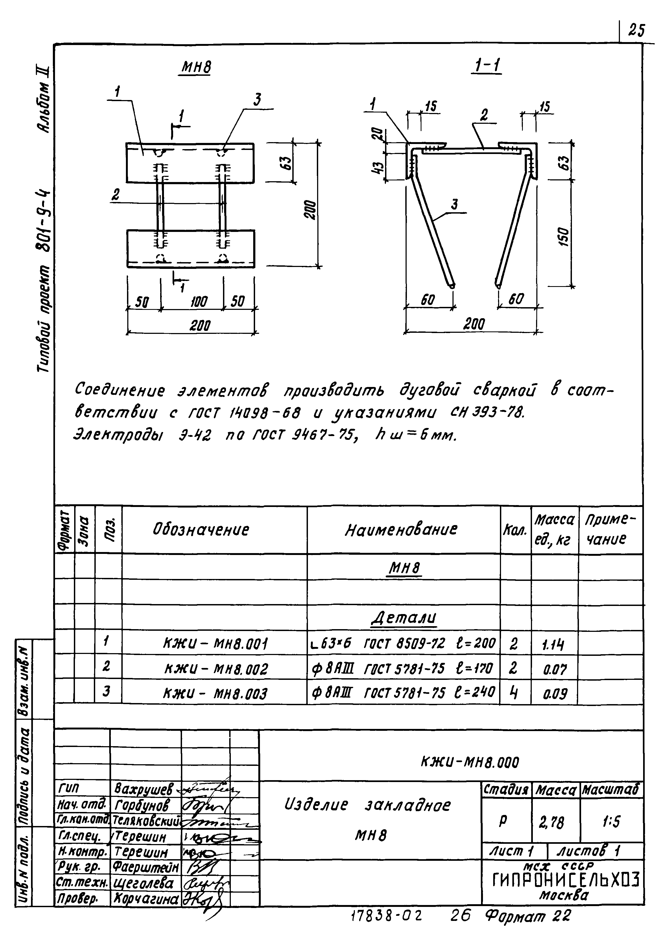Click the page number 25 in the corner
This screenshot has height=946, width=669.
636,30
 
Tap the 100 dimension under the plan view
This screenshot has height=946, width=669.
199,302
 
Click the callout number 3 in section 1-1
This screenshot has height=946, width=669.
454,205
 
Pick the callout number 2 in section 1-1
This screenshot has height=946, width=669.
484,116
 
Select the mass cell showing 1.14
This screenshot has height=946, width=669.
553,645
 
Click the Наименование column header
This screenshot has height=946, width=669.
401,529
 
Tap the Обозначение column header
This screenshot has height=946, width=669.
201,529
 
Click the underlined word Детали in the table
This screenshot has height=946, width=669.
404,618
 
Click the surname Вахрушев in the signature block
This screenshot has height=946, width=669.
143,789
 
